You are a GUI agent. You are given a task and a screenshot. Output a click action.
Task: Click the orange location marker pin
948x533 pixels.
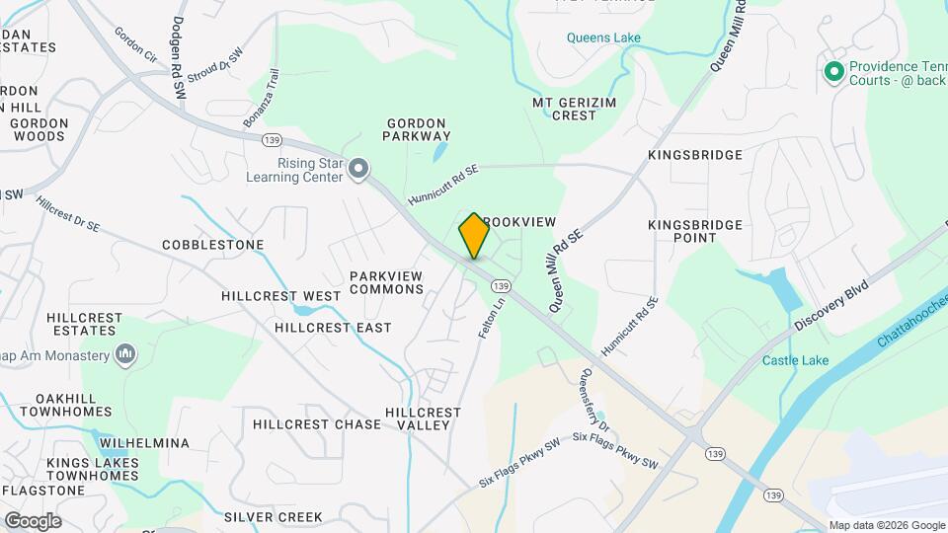tap(474, 235)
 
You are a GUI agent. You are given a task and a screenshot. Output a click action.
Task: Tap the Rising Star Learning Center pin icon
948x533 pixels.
tap(359, 170)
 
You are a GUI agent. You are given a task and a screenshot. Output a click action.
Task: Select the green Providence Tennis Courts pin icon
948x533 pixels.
tap(832, 71)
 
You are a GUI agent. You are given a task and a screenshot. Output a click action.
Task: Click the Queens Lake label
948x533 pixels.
tap(603, 38)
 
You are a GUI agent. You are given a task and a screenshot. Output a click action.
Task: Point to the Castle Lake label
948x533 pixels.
tap(795, 361)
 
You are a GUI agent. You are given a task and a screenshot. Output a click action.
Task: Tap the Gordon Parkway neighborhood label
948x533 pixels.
tap(418, 129)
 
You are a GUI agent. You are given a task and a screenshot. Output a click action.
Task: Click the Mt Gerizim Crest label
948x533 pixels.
tap(564, 109)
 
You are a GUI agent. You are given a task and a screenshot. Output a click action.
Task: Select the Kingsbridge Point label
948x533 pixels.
tap(695, 231)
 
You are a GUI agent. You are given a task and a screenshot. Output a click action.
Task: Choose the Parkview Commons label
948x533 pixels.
tap(386, 282)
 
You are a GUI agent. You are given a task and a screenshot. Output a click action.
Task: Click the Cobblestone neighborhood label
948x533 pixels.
tap(213, 245)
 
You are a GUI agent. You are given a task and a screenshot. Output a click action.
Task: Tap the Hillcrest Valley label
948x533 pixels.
tap(423, 419)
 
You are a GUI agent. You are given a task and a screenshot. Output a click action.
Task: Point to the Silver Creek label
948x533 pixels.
tap(274, 517)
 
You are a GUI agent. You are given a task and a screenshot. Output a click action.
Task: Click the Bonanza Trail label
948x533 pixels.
tap(262, 98)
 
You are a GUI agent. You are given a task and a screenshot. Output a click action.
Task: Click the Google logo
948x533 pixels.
tap(33, 521)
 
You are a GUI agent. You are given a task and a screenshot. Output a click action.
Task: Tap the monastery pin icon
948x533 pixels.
tap(125, 353)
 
